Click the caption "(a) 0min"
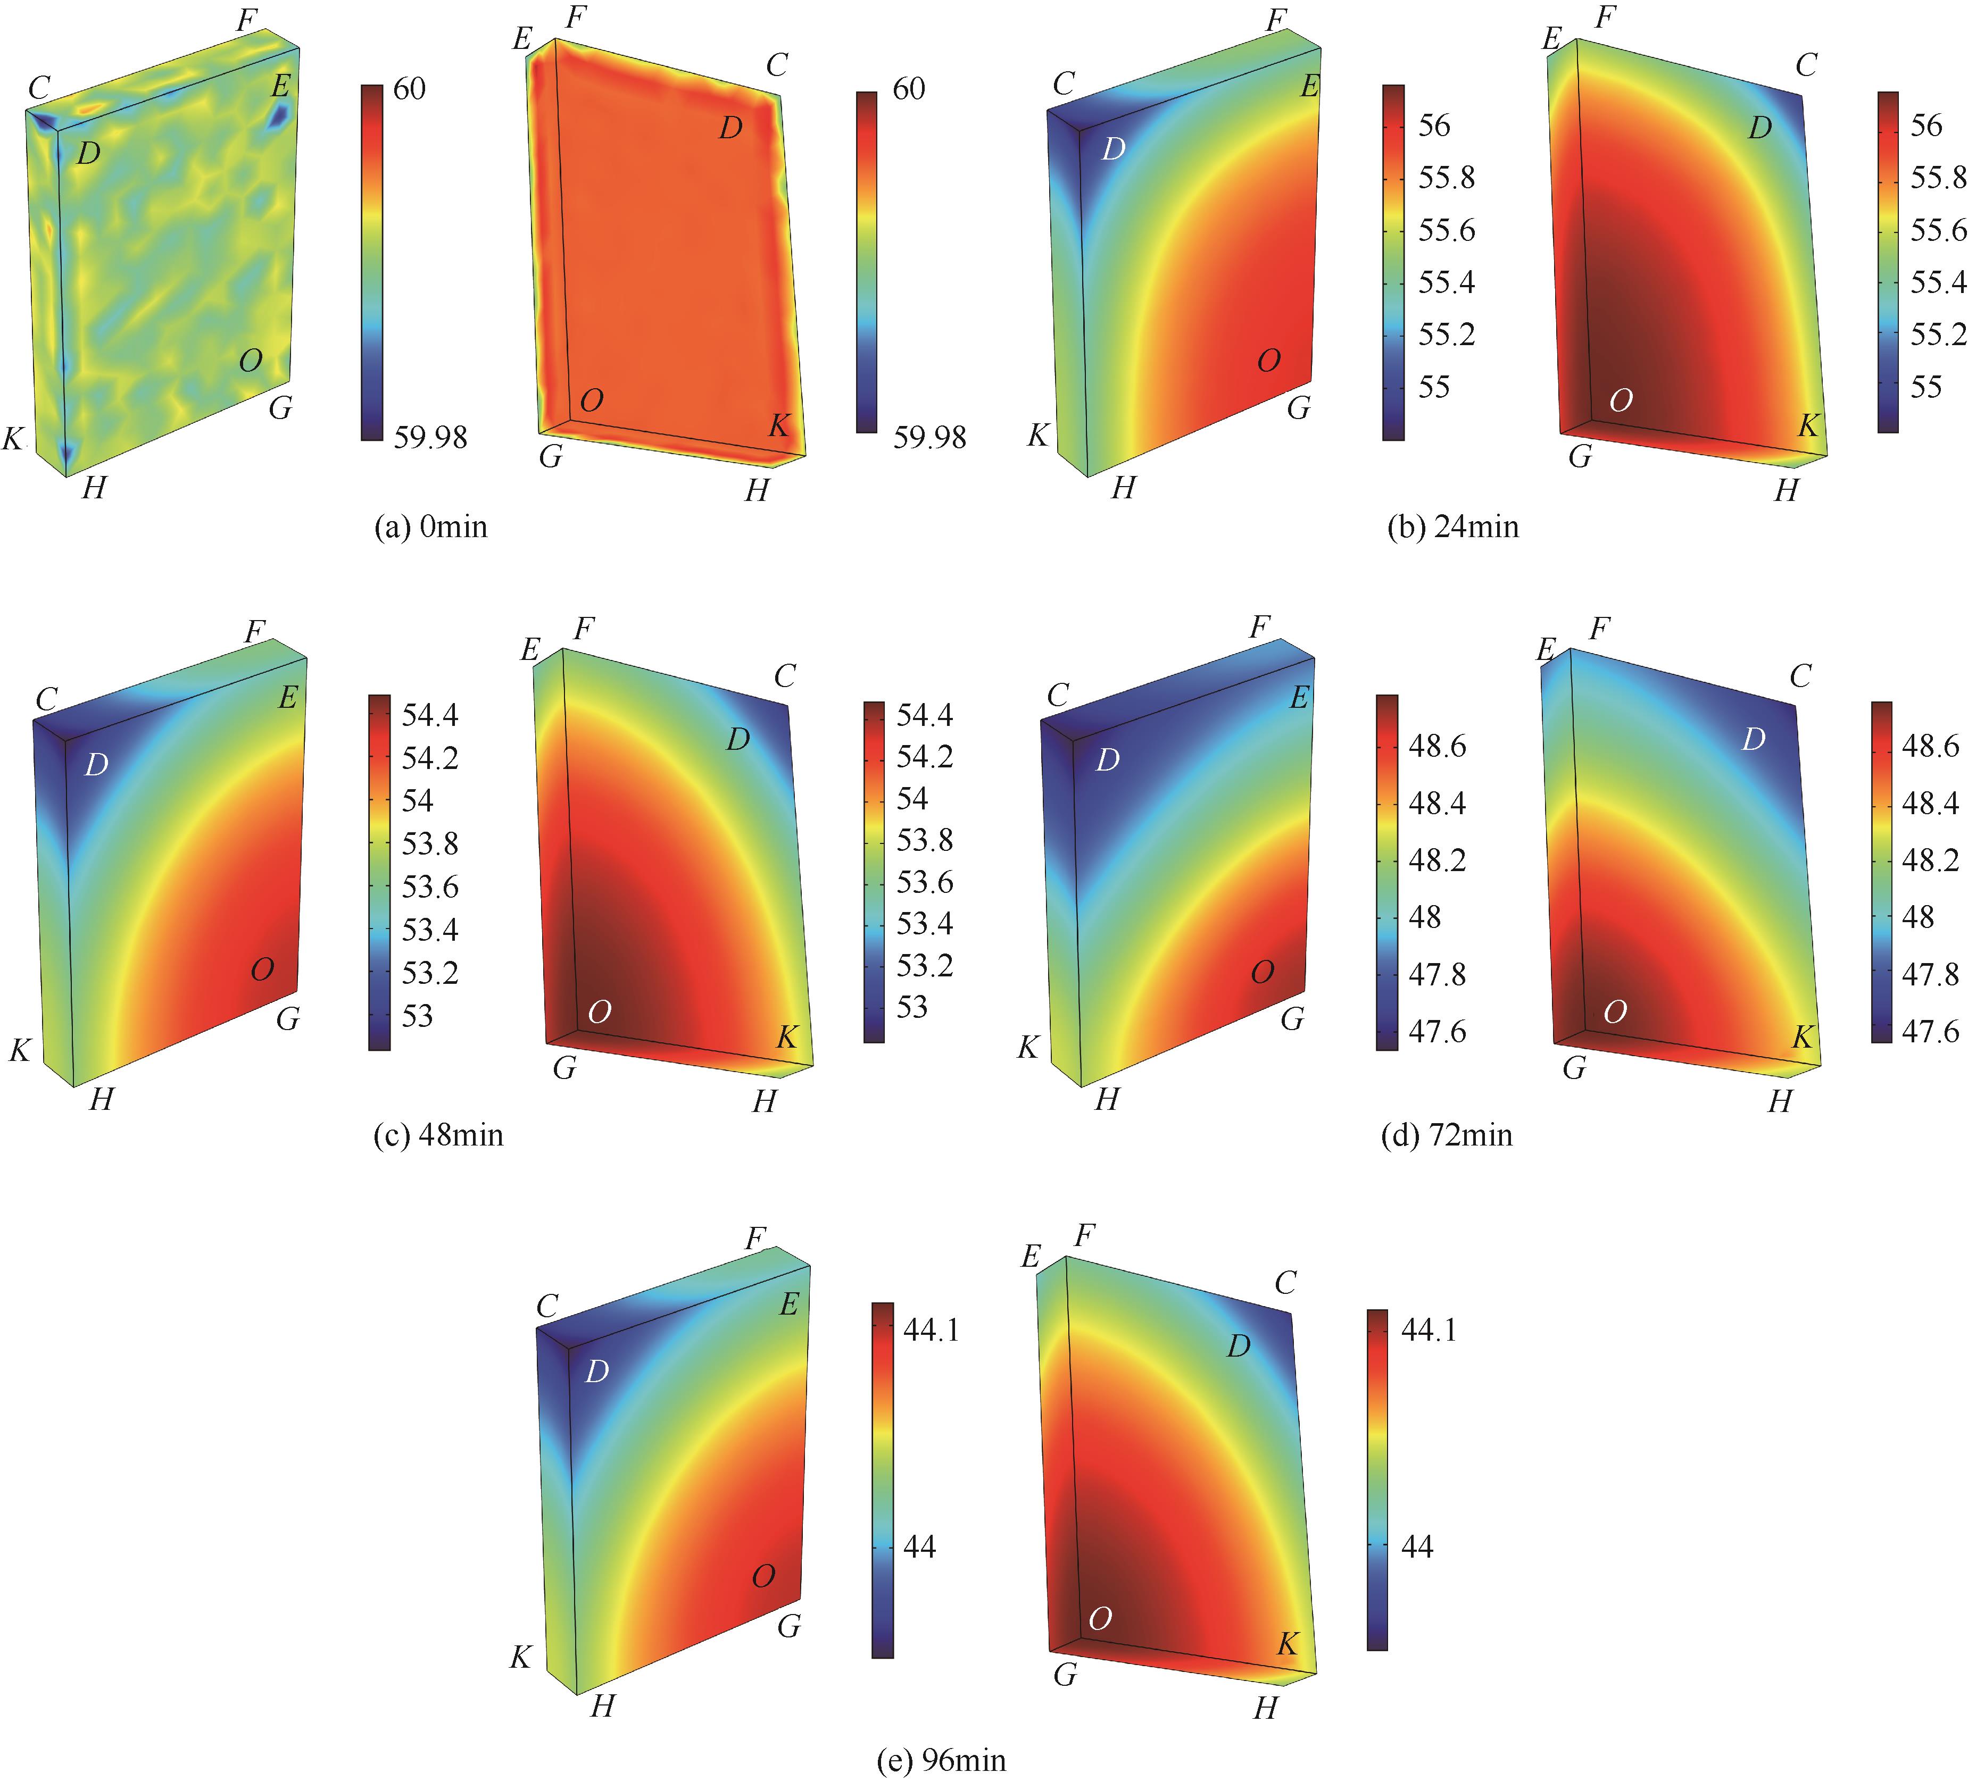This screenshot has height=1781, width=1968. (430, 527)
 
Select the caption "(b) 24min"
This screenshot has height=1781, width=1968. (1452, 527)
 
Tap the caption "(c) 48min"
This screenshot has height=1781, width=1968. (438, 1135)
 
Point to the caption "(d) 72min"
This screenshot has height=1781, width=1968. (1447, 1135)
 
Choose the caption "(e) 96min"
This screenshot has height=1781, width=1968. (941, 1760)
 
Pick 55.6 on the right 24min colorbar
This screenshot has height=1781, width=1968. (1938, 230)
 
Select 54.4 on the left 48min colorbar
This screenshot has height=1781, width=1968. (429, 715)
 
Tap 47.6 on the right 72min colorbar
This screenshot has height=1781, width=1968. (1930, 1032)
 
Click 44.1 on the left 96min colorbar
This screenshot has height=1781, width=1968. (931, 1329)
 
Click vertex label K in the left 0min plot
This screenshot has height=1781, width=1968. (13, 439)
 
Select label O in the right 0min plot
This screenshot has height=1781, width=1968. (592, 400)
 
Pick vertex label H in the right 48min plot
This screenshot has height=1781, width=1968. (765, 1101)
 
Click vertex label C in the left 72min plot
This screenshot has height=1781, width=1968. (1057, 695)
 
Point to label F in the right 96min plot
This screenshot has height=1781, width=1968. (1084, 1236)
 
